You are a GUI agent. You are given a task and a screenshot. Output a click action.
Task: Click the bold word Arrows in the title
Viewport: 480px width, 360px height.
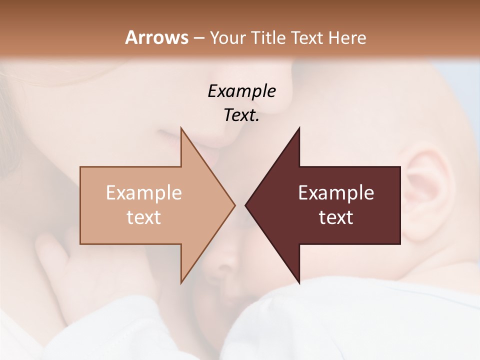coord(156,37)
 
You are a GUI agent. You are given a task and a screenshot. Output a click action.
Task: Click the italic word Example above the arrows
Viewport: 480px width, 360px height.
coord(241,91)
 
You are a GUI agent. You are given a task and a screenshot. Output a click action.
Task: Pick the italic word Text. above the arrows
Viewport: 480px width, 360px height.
coord(241,115)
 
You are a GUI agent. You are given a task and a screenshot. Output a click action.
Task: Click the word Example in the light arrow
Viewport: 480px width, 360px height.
coord(144,193)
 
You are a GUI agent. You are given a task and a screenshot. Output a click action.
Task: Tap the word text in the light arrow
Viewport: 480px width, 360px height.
coord(144,217)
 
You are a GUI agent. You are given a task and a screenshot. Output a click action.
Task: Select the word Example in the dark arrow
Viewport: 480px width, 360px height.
coord(336,193)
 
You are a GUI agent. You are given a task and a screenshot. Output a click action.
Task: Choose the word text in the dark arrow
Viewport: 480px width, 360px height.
coord(336,217)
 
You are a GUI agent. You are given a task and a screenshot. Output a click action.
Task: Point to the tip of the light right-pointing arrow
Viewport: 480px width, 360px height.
coord(235,205)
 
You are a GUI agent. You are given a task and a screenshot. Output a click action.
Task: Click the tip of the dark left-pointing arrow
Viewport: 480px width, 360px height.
coord(245,205)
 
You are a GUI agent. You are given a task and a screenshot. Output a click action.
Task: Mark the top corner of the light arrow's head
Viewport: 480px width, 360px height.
coord(181,128)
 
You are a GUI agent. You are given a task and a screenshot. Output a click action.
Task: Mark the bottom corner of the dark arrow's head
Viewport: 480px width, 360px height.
coord(299,283)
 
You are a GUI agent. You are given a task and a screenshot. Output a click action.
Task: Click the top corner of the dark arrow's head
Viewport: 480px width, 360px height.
coord(299,128)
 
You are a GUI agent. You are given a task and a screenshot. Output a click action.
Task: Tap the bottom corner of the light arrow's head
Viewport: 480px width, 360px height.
coord(181,283)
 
